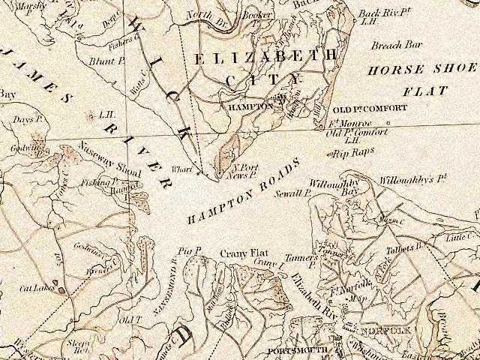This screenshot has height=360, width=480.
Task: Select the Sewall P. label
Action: coord(296,193)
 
